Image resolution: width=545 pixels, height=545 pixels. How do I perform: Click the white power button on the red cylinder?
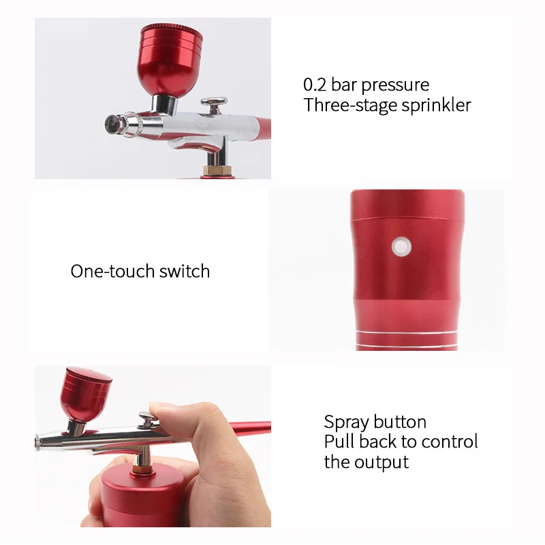(x=400, y=247)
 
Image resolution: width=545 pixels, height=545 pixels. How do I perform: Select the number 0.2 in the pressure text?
(x=314, y=85)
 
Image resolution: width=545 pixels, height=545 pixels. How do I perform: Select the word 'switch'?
(x=185, y=271)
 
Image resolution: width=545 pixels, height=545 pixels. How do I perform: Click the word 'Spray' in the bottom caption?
(x=346, y=422)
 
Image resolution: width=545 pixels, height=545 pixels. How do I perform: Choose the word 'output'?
(x=381, y=462)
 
